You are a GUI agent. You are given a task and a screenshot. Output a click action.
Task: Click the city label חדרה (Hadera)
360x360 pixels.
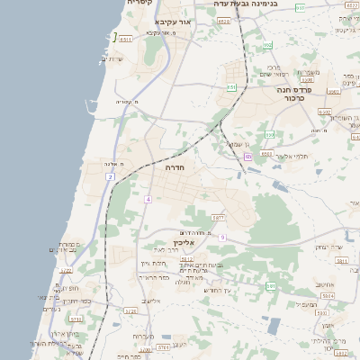(175, 166)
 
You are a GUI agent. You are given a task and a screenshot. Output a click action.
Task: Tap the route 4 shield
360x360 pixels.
(147, 198)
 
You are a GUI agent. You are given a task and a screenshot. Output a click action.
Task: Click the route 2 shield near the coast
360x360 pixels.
(110, 177)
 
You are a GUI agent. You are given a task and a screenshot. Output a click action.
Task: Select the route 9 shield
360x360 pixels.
(221, 237)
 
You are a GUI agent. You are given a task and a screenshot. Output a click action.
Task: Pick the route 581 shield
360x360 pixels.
(271, 286)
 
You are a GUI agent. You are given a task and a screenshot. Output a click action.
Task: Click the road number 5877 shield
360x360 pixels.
(218, 218)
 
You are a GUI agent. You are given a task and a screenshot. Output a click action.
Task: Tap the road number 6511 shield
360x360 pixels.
(126, 40)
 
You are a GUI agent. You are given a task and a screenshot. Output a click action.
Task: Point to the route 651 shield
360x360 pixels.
(231, 87)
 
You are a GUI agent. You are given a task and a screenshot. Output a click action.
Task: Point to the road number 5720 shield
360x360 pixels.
(130, 311)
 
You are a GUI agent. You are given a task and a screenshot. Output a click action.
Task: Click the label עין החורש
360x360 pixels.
(218, 290)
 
